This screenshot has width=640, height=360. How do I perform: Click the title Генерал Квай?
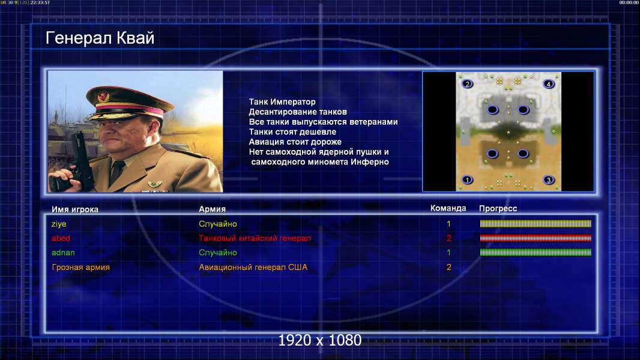point(100,38)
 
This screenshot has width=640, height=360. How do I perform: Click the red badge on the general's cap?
point(103,96)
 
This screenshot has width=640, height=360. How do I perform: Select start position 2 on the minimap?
point(467,84)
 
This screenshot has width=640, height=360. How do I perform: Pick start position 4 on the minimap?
point(549,84)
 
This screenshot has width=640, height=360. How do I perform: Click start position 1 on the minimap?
point(467,180)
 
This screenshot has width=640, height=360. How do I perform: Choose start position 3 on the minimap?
point(549,180)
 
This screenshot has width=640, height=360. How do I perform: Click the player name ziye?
point(59,224)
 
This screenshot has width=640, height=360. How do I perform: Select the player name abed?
point(61,238)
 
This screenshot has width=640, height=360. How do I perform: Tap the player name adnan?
point(63,253)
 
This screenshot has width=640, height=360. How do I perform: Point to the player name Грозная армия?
point(81,268)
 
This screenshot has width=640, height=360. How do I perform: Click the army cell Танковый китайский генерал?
point(255,238)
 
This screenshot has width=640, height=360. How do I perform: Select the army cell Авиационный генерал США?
point(253,268)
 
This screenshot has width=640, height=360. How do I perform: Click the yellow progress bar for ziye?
point(536,223)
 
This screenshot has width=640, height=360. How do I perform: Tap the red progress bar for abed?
point(536,238)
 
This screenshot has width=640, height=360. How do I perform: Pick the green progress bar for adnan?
point(536,253)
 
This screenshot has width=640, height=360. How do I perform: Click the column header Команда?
point(448,208)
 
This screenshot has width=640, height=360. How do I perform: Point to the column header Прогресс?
point(498,209)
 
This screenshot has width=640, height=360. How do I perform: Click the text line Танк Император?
point(282,102)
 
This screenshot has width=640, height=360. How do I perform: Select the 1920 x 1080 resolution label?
point(320,340)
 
